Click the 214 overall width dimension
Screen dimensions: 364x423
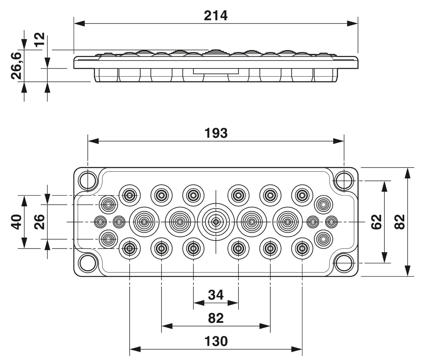(216, 16)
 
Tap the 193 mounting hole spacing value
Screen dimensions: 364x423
(216, 133)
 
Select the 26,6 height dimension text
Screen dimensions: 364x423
(16, 66)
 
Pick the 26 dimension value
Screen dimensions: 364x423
(40, 222)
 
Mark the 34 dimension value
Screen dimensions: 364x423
(216, 295)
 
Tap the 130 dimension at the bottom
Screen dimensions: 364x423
(216, 341)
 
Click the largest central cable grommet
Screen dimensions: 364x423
(216, 222)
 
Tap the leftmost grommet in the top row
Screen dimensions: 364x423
(130, 195)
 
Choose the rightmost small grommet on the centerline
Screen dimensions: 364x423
(331, 222)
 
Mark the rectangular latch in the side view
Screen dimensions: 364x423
(216, 71)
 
